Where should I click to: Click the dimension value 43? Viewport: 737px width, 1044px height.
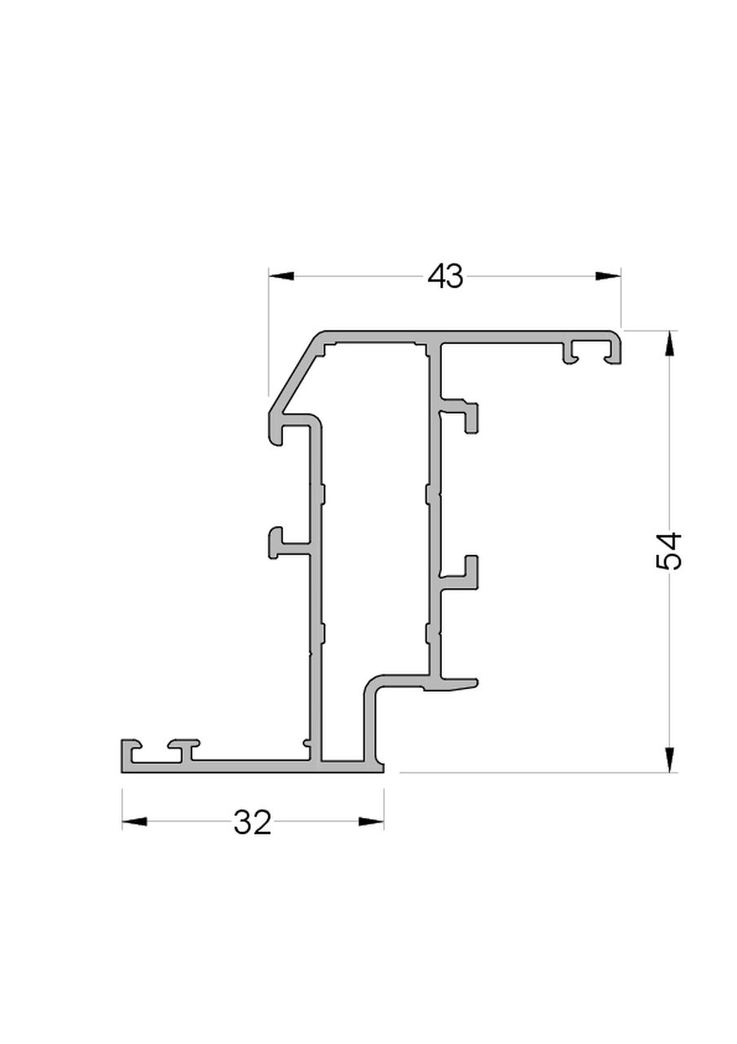445,276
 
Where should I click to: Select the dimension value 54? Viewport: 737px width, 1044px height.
669,551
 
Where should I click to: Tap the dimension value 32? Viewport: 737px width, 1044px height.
252,822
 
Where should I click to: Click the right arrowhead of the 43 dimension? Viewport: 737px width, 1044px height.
608,276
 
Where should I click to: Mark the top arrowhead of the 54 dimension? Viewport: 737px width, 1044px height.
669,343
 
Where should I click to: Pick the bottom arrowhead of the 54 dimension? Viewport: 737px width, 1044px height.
669,759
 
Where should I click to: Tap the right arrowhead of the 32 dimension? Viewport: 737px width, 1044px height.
371,821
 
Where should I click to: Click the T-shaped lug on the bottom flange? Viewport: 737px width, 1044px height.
184,747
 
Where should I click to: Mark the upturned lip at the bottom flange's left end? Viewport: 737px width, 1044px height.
128,750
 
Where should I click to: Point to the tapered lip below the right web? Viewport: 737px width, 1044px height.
457,684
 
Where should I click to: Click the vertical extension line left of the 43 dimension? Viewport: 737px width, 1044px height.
269,334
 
